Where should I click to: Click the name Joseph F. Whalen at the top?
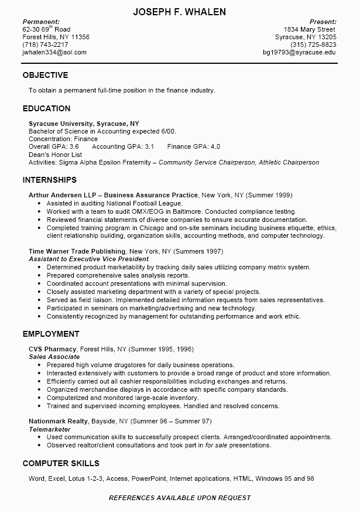click(x=180, y=12)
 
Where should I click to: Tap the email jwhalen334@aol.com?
click(x=54, y=52)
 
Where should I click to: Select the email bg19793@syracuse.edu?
click(x=299, y=52)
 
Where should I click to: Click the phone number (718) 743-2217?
click(x=45, y=45)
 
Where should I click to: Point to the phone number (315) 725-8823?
click(x=313, y=45)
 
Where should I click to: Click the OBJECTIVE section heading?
click(x=45, y=75)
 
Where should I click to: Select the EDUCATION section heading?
click(x=46, y=108)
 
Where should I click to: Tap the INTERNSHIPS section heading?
click(x=49, y=180)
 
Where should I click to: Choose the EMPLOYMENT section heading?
click(x=50, y=334)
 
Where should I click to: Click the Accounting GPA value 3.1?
click(x=149, y=146)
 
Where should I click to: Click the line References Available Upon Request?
click(x=180, y=498)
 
